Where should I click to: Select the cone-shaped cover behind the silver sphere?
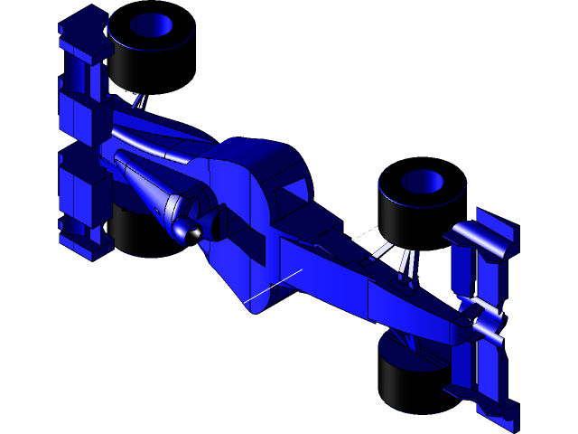pos(149,185)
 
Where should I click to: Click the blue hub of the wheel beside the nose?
pos(422,182)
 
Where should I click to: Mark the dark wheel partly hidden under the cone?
pos(135,231)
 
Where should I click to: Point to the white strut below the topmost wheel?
pos(140,99)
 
